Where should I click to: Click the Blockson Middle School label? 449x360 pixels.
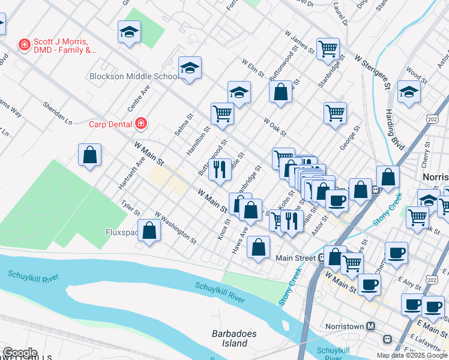click(133, 76)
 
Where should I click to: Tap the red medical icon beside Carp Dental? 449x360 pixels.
click(141, 124)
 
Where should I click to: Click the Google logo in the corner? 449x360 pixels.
click(20, 353)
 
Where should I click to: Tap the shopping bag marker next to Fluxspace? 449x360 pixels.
click(149, 230)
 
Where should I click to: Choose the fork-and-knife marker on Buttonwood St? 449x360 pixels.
click(220, 169)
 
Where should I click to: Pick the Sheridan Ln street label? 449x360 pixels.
click(57, 113)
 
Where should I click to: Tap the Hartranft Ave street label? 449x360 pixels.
click(132, 170)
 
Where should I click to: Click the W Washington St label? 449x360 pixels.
click(175, 227)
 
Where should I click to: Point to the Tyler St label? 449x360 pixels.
click(130, 208)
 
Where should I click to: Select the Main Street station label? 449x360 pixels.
click(295, 258)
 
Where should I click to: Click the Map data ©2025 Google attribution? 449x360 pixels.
click(412, 355)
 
